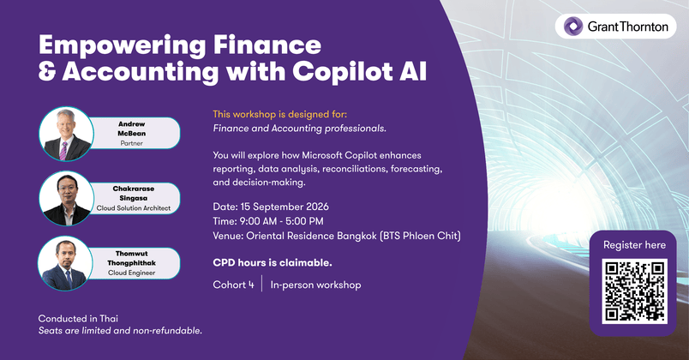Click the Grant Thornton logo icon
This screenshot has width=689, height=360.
pyautogui.click(x=573, y=27)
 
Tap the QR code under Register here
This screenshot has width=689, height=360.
pyautogui.click(x=634, y=291)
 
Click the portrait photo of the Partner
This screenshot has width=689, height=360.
pyautogui.click(x=66, y=134)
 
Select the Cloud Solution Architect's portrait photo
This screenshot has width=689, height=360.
pyautogui.click(x=66, y=198)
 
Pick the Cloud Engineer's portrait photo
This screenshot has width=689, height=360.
pyautogui.click(x=65, y=263)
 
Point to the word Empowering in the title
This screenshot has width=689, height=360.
pyautogui.click(x=123, y=45)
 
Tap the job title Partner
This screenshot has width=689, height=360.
pyautogui.click(x=131, y=143)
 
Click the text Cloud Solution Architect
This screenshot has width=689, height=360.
pyautogui.click(x=134, y=208)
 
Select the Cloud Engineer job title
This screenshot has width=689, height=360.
pyautogui.click(x=132, y=273)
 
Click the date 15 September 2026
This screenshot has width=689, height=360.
pyautogui.click(x=285, y=207)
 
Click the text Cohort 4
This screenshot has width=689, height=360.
pyautogui.click(x=233, y=285)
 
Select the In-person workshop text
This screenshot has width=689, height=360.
pyautogui.click(x=315, y=285)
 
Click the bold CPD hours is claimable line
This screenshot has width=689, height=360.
pyautogui.click(x=273, y=263)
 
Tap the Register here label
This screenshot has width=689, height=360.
pyautogui.click(x=634, y=245)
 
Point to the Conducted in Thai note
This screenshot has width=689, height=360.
pyautogui.click(x=78, y=319)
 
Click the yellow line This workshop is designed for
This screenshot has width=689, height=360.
pyautogui.click(x=280, y=114)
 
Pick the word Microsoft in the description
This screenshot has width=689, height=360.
pyautogui.click(x=322, y=155)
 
